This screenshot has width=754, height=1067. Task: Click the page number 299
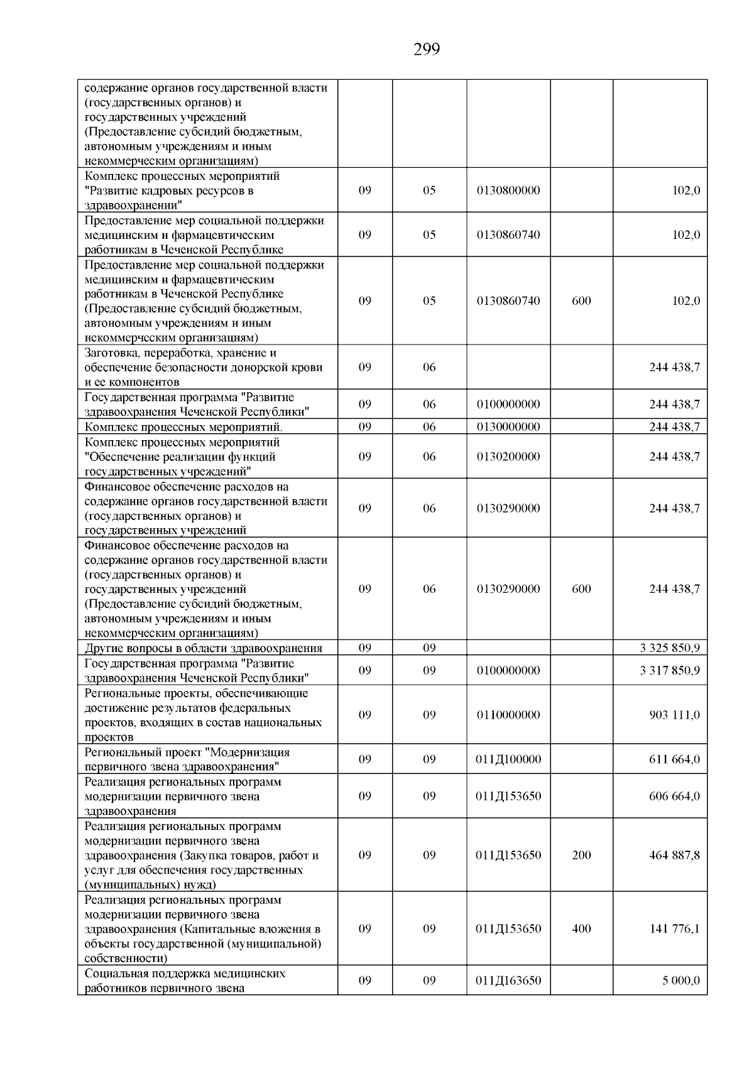tap(427, 49)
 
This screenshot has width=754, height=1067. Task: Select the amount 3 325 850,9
tap(670, 648)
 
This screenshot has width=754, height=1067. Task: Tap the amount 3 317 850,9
tap(670, 670)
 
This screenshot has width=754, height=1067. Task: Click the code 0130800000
tap(508, 191)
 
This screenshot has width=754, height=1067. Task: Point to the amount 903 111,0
tap(674, 715)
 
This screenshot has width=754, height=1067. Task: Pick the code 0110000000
tap(508, 715)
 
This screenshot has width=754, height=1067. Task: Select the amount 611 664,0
tap(674, 760)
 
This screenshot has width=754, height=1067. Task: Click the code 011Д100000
tap(508, 760)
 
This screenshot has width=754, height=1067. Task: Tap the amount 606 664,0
tap(674, 796)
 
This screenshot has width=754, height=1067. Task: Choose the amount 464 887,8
tap(674, 855)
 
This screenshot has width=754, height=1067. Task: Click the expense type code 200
tap(581, 855)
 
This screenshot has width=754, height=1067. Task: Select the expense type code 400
tap(581, 929)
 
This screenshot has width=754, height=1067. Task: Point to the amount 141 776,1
tap(674, 929)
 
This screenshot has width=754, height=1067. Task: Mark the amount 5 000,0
tap(680, 981)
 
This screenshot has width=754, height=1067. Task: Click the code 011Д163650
tap(508, 981)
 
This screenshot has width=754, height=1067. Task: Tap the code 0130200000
tap(508, 456)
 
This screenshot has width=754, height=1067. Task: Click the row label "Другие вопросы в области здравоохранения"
tap(204, 648)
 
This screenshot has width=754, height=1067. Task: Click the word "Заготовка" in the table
tap(111, 353)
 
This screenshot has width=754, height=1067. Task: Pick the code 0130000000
tap(508, 427)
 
